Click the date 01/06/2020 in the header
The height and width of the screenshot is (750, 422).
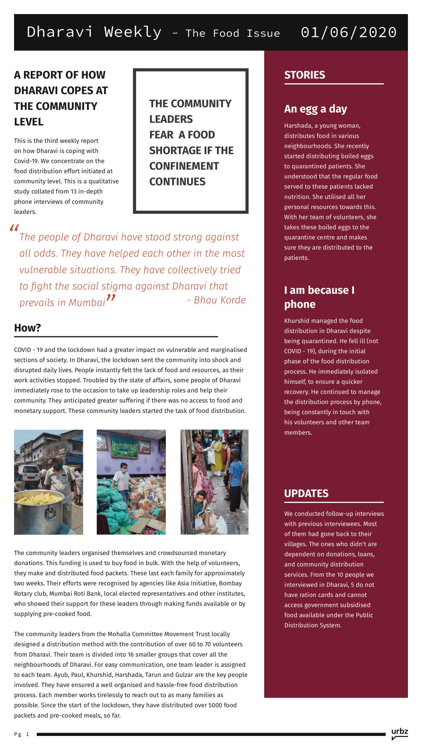(348, 32)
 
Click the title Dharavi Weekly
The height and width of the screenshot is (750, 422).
(94, 32)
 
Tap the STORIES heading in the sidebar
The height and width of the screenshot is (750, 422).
(304, 75)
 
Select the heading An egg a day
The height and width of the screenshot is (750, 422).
(315, 109)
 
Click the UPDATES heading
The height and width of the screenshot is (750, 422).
(306, 493)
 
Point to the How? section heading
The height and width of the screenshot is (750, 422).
(27, 328)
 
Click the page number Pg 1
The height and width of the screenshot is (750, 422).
(21, 734)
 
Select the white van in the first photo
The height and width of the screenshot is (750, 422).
(29, 476)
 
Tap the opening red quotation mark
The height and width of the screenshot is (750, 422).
(14, 228)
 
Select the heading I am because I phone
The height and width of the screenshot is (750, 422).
(319, 297)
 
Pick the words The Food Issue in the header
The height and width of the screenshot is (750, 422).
(232, 33)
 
